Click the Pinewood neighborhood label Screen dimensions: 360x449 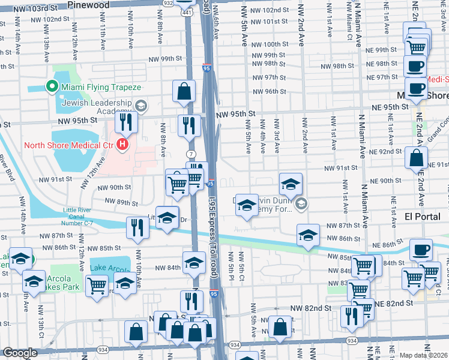click(x=89, y=5)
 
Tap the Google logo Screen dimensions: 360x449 click(x=20, y=353)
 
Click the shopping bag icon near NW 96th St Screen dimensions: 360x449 click(x=184, y=92)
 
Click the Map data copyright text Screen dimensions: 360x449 click(x=423, y=355)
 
